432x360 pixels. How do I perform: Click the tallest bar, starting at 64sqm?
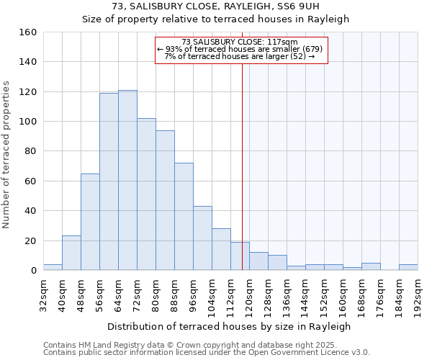[x=127, y=180]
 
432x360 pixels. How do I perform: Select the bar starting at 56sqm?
[x=109, y=181]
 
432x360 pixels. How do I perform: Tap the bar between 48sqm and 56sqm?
[x=90, y=222]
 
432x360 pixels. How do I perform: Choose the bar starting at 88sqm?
[x=184, y=216]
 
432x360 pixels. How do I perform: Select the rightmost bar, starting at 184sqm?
[x=408, y=267]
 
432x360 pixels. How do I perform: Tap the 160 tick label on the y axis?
[x=27, y=32]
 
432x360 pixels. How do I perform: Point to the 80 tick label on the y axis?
[x=30, y=151]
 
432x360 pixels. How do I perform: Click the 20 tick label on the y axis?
[x=30, y=240]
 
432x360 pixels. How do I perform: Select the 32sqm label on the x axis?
[x=43, y=293]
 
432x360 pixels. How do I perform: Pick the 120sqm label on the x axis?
[x=249, y=293]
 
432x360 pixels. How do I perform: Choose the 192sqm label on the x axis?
[x=418, y=293]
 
